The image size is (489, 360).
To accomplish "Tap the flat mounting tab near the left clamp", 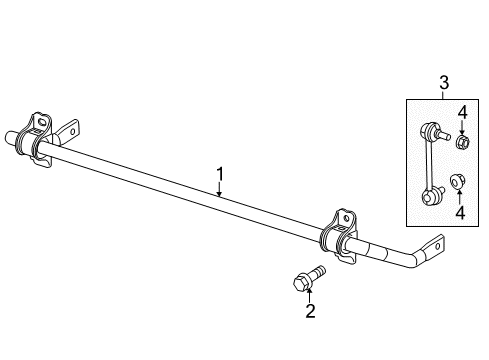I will pyautogui.click(x=70, y=131).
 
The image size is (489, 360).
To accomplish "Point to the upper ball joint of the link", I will pyautogui.click(x=431, y=129).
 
